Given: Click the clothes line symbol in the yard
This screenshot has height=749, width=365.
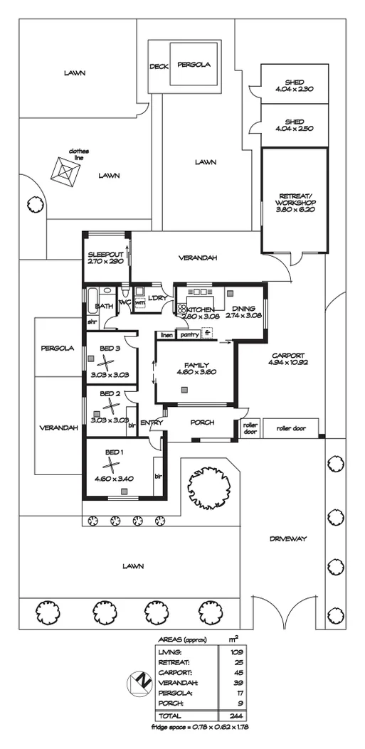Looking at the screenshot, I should click(x=65, y=172).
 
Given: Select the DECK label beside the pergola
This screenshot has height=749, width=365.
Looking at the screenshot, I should click(x=158, y=66).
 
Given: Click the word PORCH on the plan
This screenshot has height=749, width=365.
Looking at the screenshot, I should click(x=203, y=423).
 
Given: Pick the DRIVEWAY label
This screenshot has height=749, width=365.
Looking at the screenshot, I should click(x=288, y=539).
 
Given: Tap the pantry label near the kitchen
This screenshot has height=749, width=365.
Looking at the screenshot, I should click(x=189, y=334).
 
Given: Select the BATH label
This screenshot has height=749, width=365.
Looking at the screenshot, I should click(x=102, y=306).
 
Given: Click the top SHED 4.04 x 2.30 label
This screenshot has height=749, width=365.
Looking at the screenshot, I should click(x=295, y=85).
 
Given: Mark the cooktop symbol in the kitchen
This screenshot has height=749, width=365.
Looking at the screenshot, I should click(x=181, y=309).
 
